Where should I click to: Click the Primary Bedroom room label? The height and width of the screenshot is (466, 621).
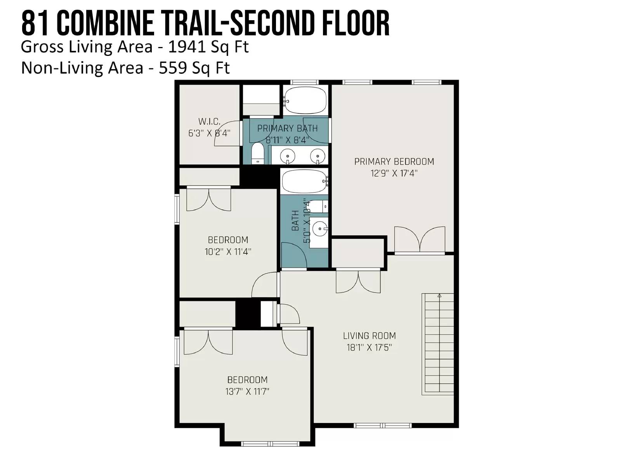click(x=394, y=162)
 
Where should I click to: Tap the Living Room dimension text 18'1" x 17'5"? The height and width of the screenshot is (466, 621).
click(x=369, y=348)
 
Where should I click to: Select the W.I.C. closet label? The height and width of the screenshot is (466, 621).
click(x=209, y=122)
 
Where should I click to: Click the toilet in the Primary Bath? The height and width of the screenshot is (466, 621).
click(x=257, y=153)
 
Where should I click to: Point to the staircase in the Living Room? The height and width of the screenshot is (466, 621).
click(x=438, y=344)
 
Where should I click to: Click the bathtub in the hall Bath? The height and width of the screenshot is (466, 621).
click(x=305, y=182)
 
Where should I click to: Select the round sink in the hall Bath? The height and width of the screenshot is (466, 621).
click(x=320, y=228)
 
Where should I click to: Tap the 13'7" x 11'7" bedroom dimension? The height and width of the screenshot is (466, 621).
click(x=247, y=391)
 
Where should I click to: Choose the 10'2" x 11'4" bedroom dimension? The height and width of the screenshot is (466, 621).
click(x=228, y=252)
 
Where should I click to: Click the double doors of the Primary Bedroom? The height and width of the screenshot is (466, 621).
click(x=420, y=240)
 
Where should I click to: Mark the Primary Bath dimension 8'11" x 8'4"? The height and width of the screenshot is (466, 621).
click(x=287, y=140)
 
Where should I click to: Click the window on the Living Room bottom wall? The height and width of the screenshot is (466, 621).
click(x=383, y=426)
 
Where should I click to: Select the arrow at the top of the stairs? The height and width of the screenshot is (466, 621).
click(x=439, y=296)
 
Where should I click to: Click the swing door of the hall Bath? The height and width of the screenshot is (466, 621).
click(x=294, y=255)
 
